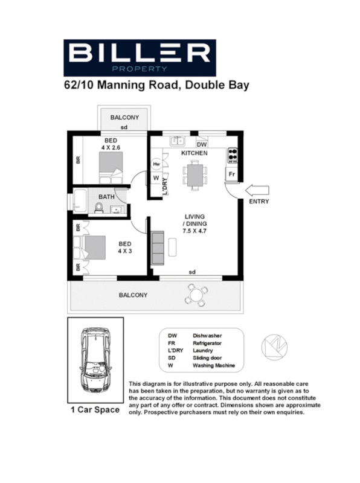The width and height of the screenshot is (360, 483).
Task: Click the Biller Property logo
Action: point(140,57)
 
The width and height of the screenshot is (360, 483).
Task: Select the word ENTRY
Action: point(259,202)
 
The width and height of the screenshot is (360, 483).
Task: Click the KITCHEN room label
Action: point(194,153)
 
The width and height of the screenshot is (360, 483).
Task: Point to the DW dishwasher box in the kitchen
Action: point(202,144)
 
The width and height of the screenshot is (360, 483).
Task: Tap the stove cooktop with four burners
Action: point(232,156)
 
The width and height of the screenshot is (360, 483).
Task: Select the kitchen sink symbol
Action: point(177,141)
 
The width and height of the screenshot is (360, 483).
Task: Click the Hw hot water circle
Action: point(156,164)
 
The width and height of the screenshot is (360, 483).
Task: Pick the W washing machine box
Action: point(156,178)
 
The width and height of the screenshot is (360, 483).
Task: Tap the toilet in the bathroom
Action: point(98,208)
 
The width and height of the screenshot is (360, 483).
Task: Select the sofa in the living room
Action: point(157,247)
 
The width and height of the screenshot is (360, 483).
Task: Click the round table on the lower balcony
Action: point(196,295)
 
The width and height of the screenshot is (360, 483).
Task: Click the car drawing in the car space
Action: point(95,360)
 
